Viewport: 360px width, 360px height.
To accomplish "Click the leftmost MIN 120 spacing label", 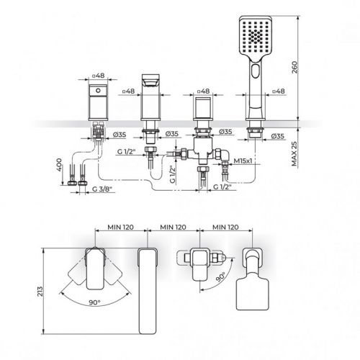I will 116,226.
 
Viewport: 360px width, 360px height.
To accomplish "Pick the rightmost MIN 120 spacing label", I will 226,226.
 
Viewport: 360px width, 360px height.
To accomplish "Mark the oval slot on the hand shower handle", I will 257,72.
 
